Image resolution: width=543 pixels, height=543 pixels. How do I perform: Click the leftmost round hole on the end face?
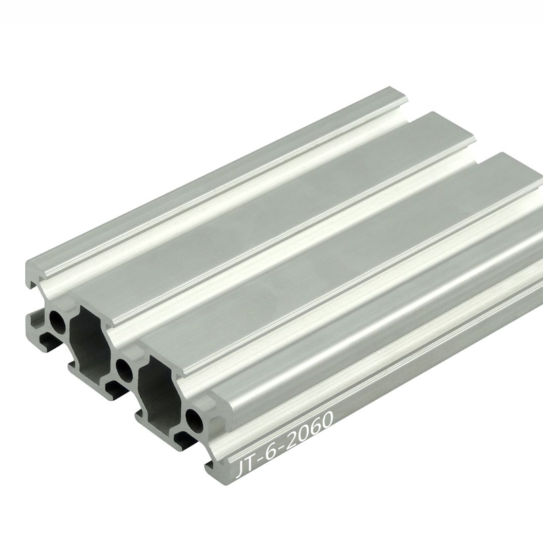[x=58, y=321]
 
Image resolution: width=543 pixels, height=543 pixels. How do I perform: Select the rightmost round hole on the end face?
[x=195, y=420]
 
